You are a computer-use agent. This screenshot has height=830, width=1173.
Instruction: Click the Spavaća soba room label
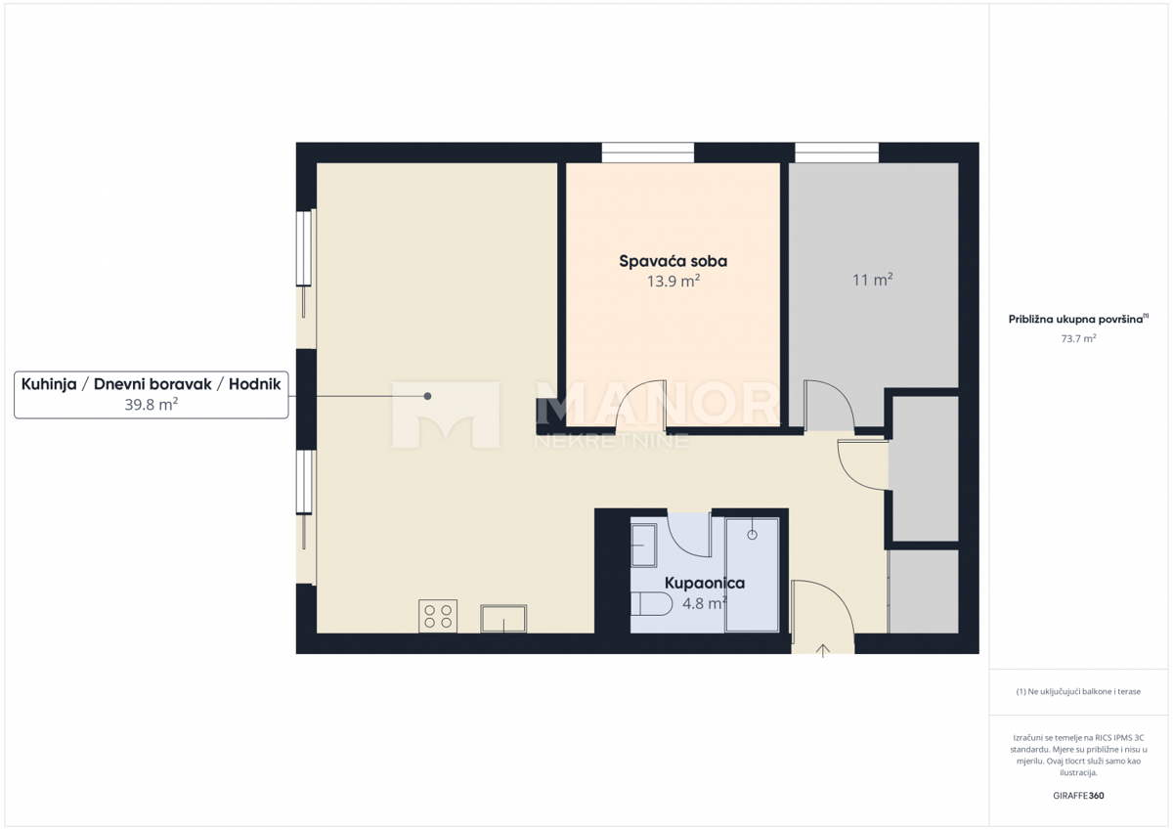click(x=673, y=261)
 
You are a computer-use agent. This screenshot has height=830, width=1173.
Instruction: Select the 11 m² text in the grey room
click(x=873, y=280)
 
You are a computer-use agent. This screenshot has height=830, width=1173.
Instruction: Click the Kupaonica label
click(x=704, y=583)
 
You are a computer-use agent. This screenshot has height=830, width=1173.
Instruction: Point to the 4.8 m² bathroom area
click(x=704, y=603)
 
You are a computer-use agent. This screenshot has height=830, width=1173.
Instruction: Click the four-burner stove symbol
click(x=438, y=616)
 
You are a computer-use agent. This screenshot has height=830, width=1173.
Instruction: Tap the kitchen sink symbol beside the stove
click(x=503, y=619)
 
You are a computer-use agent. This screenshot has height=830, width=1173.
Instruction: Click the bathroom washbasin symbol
click(x=645, y=545)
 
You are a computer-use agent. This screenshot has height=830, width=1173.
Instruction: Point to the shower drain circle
click(x=752, y=535)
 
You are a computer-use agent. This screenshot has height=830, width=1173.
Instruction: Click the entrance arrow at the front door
click(x=823, y=650)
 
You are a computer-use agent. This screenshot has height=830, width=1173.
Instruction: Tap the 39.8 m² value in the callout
click(x=151, y=404)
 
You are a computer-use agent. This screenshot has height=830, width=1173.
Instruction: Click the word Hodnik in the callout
click(x=254, y=384)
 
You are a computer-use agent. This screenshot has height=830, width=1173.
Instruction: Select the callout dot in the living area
click(x=427, y=396)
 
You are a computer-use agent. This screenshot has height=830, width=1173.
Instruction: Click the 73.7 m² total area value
click(x=1078, y=338)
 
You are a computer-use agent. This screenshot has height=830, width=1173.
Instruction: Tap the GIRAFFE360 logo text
click(x=1078, y=796)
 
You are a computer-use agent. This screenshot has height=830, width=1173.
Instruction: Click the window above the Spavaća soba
click(x=647, y=153)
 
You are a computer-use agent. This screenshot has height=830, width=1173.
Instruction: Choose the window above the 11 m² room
click(x=837, y=153)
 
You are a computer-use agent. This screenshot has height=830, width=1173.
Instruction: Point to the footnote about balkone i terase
click(x=1078, y=692)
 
